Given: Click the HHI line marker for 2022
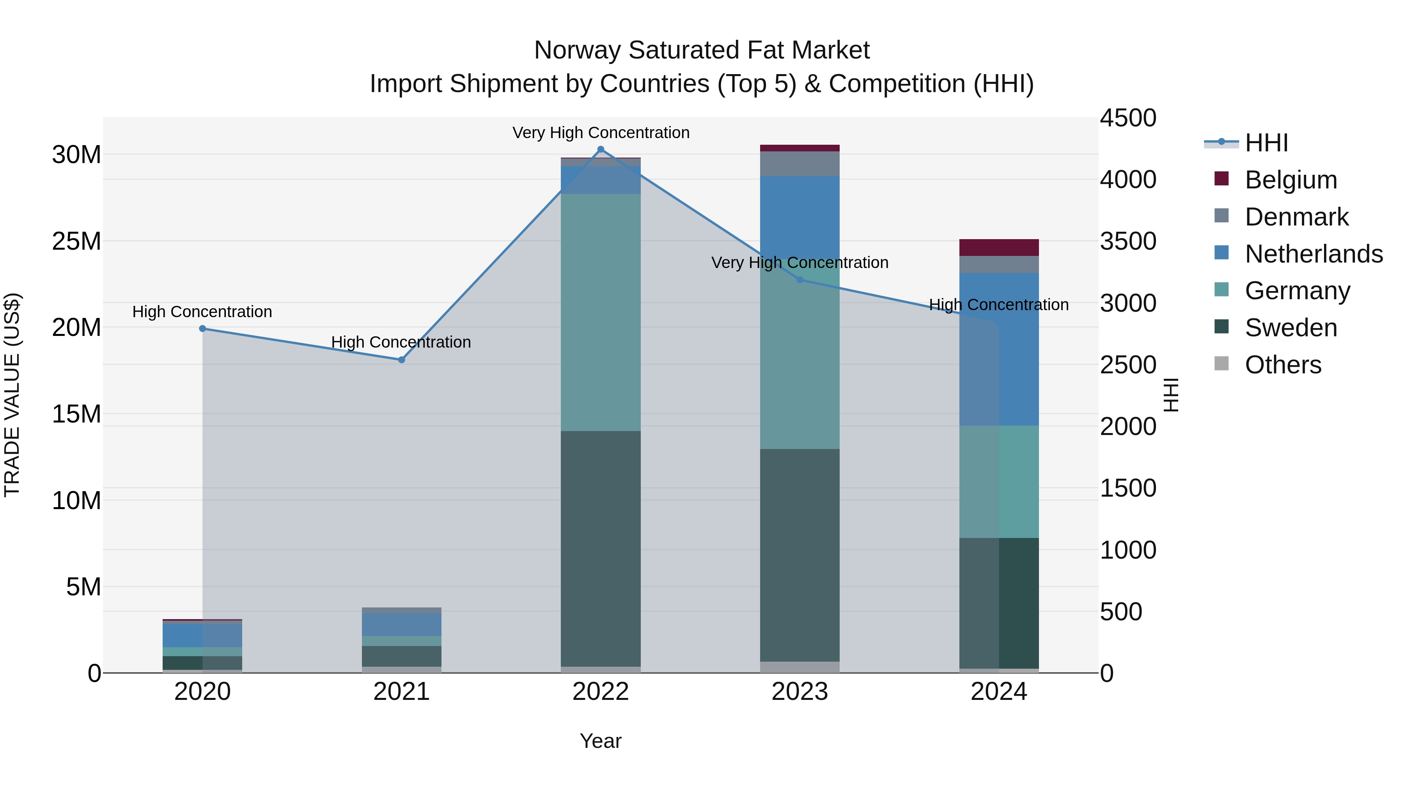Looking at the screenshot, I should pyautogui.click(x=601, y=149).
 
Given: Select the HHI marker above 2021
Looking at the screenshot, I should pyautogui.click(x=402, y=360).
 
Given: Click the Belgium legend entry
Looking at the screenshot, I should pyautogui.click(x=1291, y=180).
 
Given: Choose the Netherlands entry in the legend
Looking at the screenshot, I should pyautogui.click(x=1314, y=254).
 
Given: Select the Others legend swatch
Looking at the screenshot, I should pyautogui.click(x=1222, y=364).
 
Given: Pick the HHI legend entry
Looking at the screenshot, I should pyautogui.click(x=1266, y=143).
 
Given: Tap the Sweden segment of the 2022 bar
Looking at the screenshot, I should pyautogui.click(x=601, y=548).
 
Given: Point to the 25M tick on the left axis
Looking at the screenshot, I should pyautogui.click(x=76, y=241).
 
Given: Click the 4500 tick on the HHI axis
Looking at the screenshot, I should pyautogui.click(x=1127, y=118).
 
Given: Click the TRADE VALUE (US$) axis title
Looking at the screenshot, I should pyautogui.click(x=12, y=395).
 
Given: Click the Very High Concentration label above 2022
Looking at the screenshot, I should pyautogui.click(x=601, y=133).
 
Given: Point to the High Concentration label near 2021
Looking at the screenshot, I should pyautogui.click(x=401, y=343).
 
